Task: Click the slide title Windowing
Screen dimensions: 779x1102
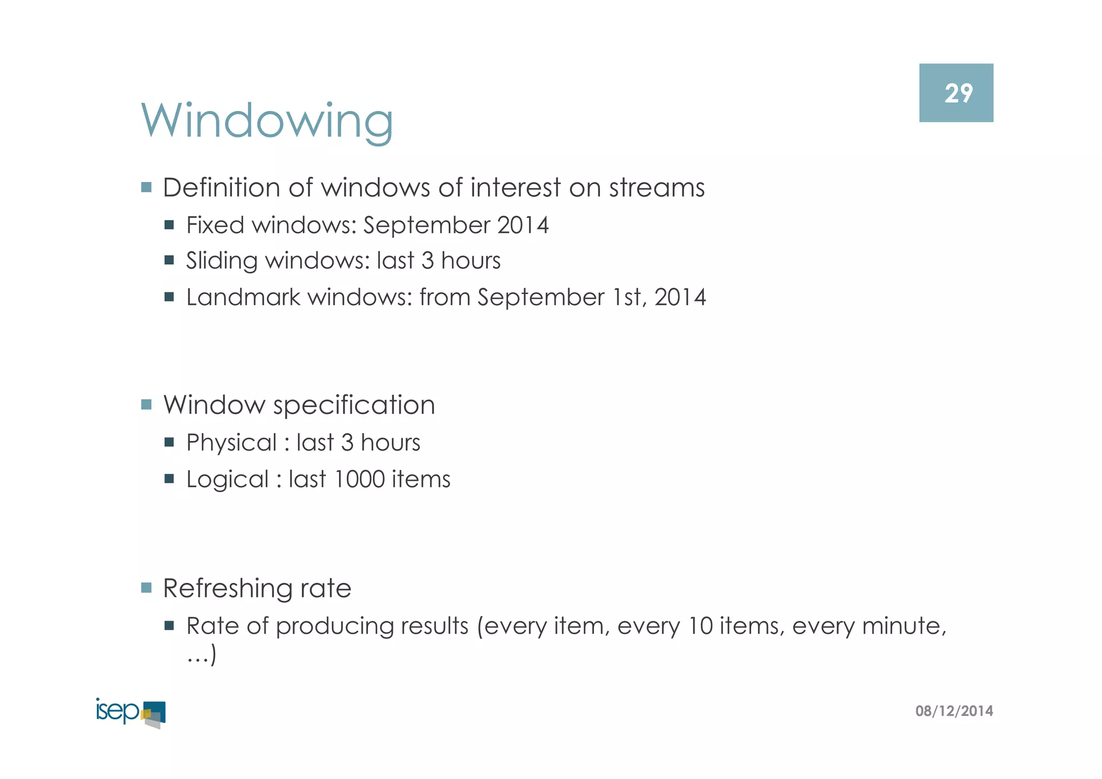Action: pos(267,121)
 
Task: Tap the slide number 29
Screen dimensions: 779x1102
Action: pos(958,94)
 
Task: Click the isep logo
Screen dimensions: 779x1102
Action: pos(131,713)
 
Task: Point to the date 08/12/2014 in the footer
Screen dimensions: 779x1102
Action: pos(954,711)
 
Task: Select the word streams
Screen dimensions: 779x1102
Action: pos(656,188)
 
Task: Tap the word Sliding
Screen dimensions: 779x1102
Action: pos(222,261)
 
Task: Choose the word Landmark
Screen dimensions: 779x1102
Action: pos(243,297)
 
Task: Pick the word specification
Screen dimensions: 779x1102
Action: pos(354,405)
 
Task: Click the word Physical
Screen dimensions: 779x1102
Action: pos(231,443)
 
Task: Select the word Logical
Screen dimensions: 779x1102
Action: pos(227,480)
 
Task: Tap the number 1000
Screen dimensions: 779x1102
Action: pos(359,479)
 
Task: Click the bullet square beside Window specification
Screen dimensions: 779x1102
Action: pos(146,404)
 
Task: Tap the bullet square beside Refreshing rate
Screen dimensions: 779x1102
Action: pos(146,587)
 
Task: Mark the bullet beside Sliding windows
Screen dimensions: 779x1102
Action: pos(169,261)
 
